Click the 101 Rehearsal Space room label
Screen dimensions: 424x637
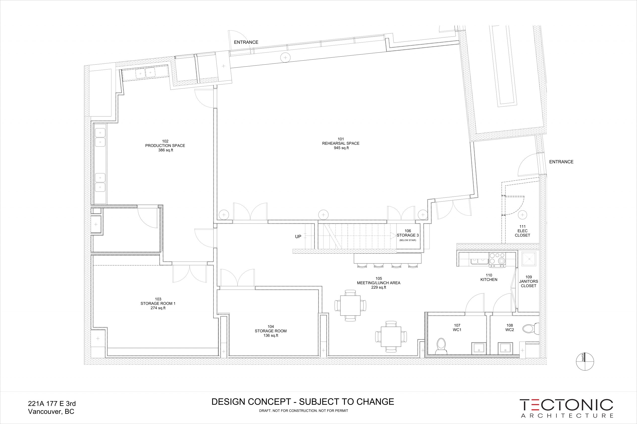tap(341, 143)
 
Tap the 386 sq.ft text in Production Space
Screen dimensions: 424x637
tap(165, 150)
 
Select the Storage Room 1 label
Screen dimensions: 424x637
tap(158, 303)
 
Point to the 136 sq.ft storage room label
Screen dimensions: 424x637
tap(270, 336)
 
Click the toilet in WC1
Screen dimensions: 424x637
tap(441, 346)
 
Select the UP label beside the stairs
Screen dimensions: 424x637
tap(298, 237)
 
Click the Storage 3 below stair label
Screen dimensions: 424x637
tap(408, 235)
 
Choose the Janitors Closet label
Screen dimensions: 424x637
tap(529, 281)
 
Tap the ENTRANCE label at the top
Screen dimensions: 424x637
tap(246, 42)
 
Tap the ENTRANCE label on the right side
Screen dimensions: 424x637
tap(561, 162)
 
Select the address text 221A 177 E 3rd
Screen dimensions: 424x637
tap(52, 404)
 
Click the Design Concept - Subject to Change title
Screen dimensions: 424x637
tap(303, 402)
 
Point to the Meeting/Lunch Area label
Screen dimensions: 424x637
tap(378, 283)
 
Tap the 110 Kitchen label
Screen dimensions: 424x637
tap(489, 277)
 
